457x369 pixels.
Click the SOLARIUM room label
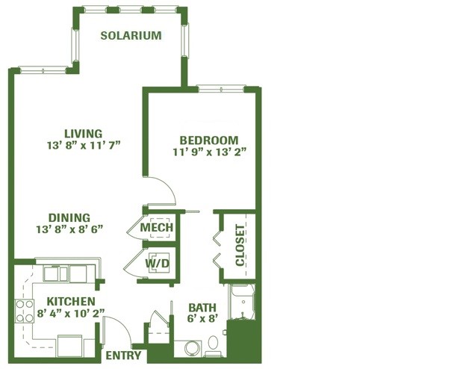131,35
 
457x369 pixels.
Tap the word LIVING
84,134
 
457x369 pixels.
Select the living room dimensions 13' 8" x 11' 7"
84,145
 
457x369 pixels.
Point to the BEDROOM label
209,140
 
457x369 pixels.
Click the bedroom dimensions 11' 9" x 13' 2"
210,152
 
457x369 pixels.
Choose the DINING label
69,217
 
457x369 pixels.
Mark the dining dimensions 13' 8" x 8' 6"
69,229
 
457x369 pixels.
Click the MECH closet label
157,227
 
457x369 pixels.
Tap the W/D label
158,264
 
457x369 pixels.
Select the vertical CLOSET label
240,246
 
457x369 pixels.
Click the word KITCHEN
71,301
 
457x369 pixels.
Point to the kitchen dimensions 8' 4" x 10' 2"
71,313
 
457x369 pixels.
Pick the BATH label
202,308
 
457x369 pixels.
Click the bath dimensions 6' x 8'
202,318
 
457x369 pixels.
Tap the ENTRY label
123,356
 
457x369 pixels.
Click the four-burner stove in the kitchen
25,311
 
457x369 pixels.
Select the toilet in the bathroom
214,346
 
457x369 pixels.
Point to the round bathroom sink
193,348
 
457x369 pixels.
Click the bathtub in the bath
242,302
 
